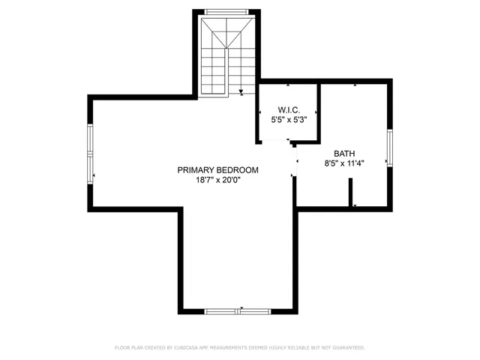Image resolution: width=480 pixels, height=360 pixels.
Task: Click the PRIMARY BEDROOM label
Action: (217, 170)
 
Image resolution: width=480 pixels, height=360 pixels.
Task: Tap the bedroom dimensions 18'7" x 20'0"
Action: (217, 180)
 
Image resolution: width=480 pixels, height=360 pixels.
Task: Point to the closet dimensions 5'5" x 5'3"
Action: (289, 118)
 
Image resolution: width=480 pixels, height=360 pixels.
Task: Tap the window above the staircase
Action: (228, 11)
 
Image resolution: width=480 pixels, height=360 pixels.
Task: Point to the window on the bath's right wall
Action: (388, 147)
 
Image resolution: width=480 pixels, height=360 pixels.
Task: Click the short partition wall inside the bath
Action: (351, 192)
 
